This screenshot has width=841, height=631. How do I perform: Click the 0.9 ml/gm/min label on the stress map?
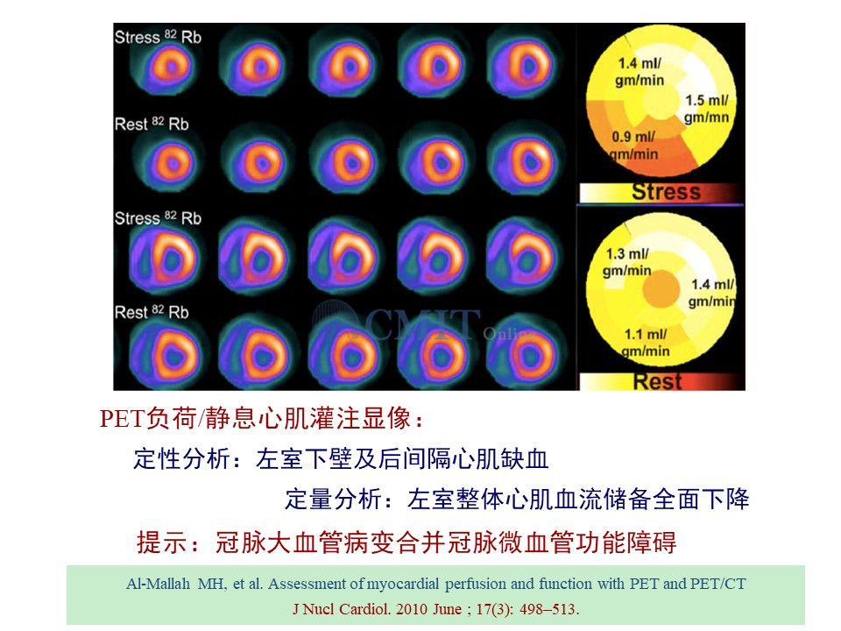[633, 145]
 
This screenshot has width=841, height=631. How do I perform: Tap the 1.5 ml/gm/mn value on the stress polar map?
[706, 109]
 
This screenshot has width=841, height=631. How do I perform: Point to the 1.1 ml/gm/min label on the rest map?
[646, 343]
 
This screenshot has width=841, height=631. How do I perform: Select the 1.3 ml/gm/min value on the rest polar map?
[627, 262]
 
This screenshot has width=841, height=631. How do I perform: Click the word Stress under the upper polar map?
[666, 192]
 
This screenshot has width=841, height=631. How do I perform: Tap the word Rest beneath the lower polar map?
[658, 381]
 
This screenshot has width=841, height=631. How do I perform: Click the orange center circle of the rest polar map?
[661, 288]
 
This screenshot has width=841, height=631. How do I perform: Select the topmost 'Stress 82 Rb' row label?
[158, 37]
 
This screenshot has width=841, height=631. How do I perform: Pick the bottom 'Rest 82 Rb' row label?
[152, 312]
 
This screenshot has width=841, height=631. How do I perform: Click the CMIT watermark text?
[421, 324]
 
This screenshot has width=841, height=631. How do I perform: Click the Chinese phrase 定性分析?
[182, 459]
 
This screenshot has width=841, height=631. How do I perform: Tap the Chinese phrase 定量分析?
[334, 499]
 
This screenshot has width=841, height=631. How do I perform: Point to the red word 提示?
[162, 542]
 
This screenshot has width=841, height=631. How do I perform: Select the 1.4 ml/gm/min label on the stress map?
[640, 71]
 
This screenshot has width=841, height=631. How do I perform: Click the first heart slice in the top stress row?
[169, 67]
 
